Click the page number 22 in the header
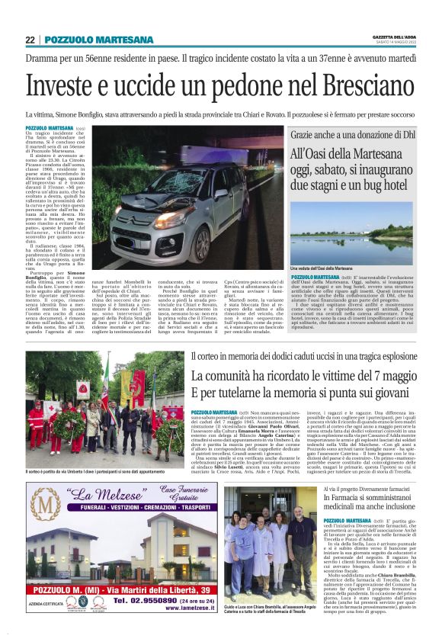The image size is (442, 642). click(30, 40)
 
